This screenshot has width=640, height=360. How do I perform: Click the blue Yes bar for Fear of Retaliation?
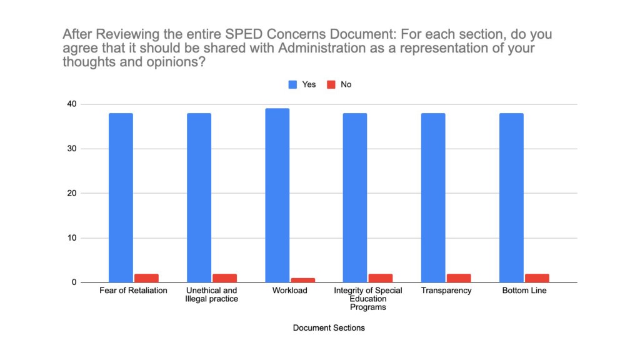click(x=121, y=197)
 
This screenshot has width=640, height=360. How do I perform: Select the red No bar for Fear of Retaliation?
click(x=146, y=278)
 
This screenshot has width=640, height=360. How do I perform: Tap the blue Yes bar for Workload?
click(x=277, y=195)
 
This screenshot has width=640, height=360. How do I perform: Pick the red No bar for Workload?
click(x=302, y=280)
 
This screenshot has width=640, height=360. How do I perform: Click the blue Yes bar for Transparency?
click(x=432, y=197)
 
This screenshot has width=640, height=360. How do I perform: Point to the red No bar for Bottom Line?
click(x=536, y=278)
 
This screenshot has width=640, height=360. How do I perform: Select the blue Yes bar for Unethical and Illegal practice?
click(x=199, y=197)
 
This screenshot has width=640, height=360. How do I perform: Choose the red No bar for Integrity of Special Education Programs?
click(x=380, y=278)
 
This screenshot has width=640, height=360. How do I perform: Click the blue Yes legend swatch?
click(x=292, y=84)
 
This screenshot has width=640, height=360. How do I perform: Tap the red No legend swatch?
click(x=331, y=84)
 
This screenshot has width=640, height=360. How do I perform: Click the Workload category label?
click(x=290, y=291)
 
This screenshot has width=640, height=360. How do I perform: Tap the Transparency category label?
click(x=446, y=291)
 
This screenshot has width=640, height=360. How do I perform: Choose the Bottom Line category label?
click(x=524, y=291)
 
